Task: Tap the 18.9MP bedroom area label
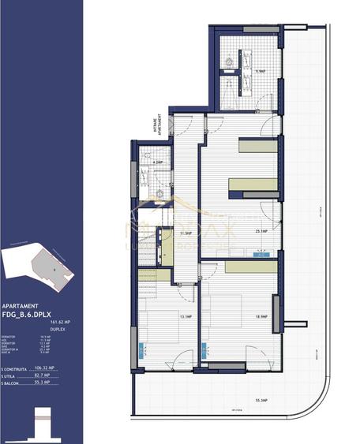coord(262,316)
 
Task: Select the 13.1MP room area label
coord(186,316)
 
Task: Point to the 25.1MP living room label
coord(262,232)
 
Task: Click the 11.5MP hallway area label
coord(186,233)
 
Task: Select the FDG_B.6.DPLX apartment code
coord(32,314)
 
